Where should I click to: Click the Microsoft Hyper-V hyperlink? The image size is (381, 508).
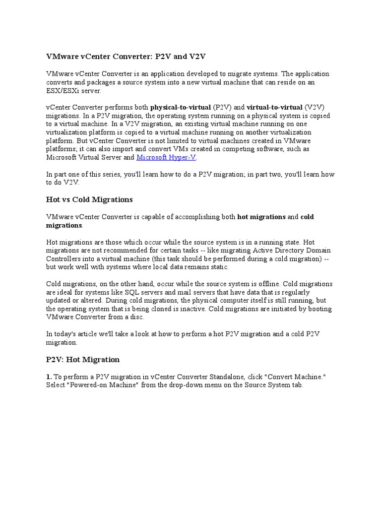point(166,158)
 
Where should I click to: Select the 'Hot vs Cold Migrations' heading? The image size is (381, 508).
point(89,199)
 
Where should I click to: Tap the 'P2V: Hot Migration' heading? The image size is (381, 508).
point(83,359)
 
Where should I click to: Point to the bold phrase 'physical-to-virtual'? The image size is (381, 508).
point(181,107)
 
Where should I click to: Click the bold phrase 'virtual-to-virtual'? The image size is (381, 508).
point(274,107)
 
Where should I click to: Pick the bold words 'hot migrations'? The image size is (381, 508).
point(261,217)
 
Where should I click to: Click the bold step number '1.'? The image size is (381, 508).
point(49,377)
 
